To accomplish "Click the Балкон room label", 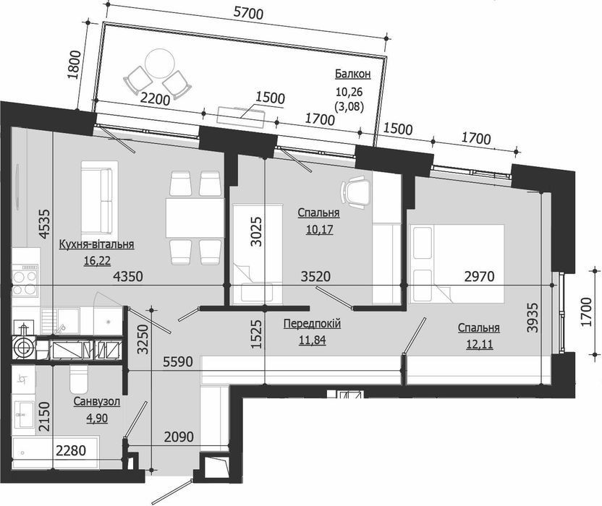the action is coord(352,74).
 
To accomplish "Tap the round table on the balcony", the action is coord(160,62).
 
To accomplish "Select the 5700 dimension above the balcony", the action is coord(248,14).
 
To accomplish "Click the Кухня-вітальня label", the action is coord(96,244).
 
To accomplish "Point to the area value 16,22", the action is coord(97,261).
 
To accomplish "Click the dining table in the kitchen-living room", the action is coord(195,218).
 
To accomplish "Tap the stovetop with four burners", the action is coord(25,280).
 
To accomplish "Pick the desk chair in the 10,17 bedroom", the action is coord(355,192).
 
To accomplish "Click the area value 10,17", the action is coord(319,229).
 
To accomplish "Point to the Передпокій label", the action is coord(312,323).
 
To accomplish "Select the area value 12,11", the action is coord(480,344).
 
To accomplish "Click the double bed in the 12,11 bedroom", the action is coord(457,263).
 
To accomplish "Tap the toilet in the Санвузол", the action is coord(79,377).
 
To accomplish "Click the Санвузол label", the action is coord(97,401).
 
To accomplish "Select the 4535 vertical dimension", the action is coord(45,223).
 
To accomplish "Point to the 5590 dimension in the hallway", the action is coord(178,361).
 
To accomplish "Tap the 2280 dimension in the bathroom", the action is coord(71,450).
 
